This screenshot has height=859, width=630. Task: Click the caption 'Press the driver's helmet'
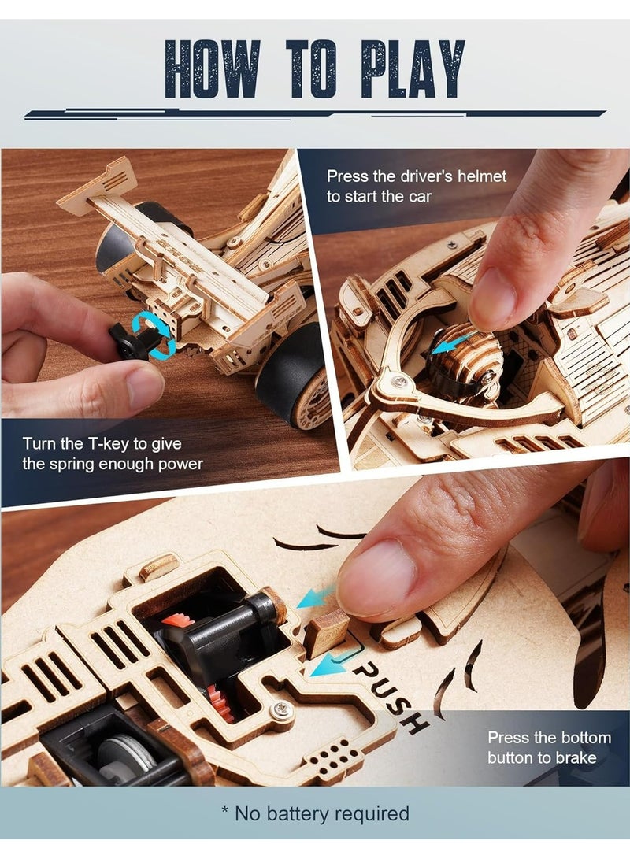(x=417, y=186)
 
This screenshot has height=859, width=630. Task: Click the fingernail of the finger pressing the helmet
(x=492, y=299)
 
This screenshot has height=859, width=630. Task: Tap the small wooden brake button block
(x=326, y=631)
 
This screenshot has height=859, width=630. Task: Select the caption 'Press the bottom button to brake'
(x=549, y=747)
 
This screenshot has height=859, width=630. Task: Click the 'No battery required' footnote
(x=314, y=813)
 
